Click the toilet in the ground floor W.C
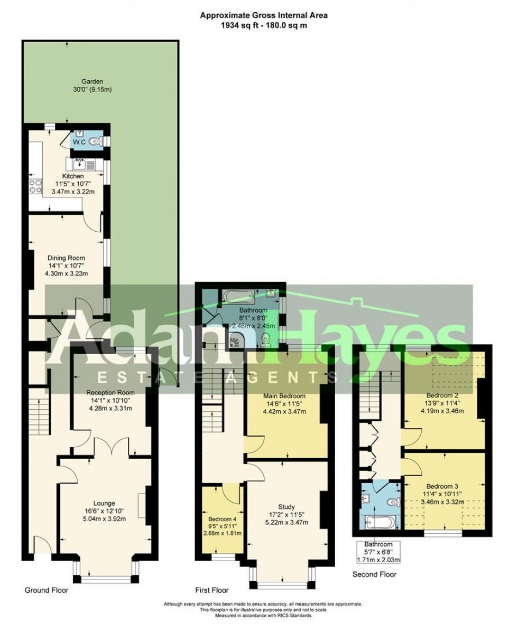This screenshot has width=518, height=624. (96, 141)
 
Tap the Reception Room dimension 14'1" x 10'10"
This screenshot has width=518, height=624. (110, 401)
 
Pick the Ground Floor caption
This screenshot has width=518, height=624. (47, 590)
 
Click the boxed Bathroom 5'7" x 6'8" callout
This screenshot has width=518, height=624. (377, 552)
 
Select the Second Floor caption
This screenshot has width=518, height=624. (375, 574)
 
